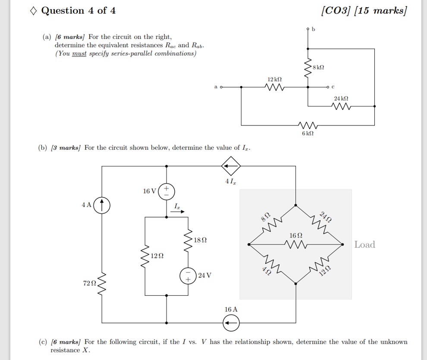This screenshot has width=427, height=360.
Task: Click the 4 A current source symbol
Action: coord(102,205)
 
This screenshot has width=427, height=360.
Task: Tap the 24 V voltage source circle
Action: coord(188,275)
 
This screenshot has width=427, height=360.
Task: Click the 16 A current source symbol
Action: coord(231,322)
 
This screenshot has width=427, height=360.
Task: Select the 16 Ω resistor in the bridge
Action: coord(295,244)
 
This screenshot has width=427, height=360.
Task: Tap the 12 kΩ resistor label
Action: coord(274,80)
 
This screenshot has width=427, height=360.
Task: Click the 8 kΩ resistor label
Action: coord(318,67)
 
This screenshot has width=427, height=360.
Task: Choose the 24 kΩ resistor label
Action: coord(341,99)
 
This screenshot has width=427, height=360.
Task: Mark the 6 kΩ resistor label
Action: coord(308,134)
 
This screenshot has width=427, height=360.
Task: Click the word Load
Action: coord(364,244)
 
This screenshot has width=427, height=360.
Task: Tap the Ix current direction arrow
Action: coord(179,211)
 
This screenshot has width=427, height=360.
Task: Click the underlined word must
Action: coord(79,53)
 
